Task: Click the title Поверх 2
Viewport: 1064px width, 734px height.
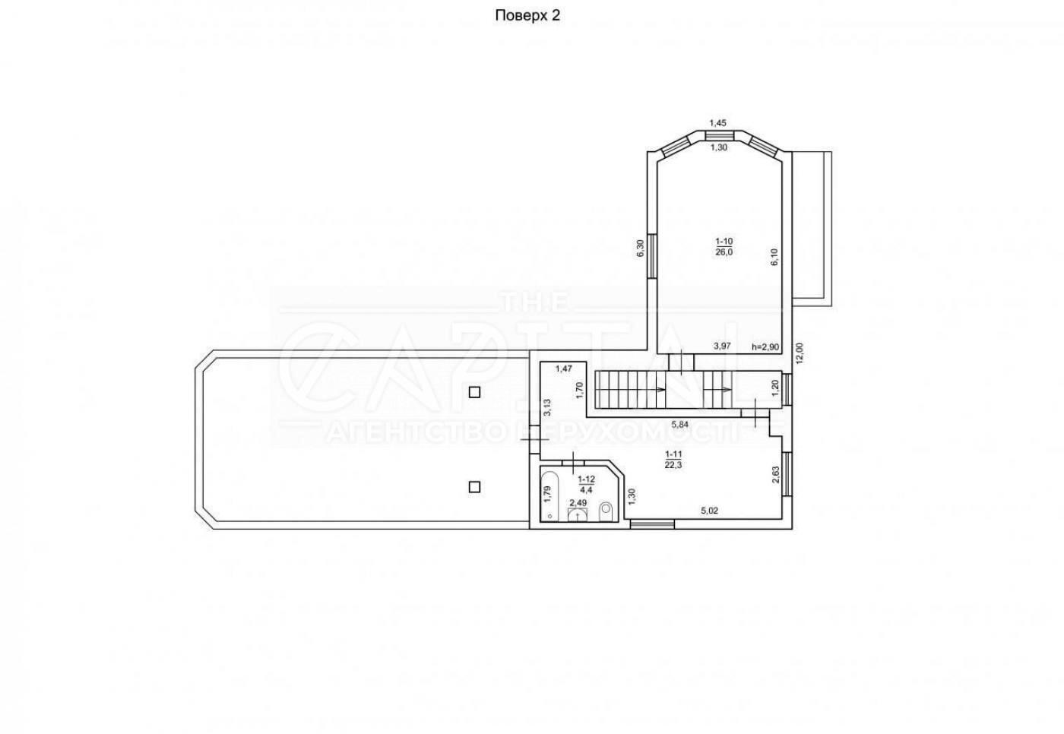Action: pyautogui.click(x=527, y=16)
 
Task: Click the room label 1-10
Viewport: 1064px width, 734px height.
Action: pyautogui.click(x=724, y=241)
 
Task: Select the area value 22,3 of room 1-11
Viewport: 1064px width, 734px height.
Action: pyautogui.click(x=673, y=465)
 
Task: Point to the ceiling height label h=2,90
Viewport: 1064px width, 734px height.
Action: pyautogui.click(x=766, y=346)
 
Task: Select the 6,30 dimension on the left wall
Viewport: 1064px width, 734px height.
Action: pyautogui.click(x=640, y=248)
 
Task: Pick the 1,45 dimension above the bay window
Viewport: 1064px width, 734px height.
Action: pyautogui.click(x=717, y=123)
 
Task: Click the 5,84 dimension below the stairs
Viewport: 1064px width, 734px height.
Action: pyautogui.click(x=679, y=425)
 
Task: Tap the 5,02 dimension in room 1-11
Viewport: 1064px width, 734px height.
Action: pyautogui.click(x=710, y=511)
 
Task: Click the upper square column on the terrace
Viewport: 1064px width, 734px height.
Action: pyautogui.click(x=474, y=392)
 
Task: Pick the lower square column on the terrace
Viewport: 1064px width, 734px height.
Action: pyautogui.click(x=474, y=486)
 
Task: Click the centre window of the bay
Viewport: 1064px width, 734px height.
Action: pyautogui.click(x=719, y=136)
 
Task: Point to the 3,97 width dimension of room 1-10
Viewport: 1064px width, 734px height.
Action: pyautogui.click(x=722, y=346)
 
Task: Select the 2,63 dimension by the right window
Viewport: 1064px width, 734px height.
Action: pyautogui.click(x=776, y=475)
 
